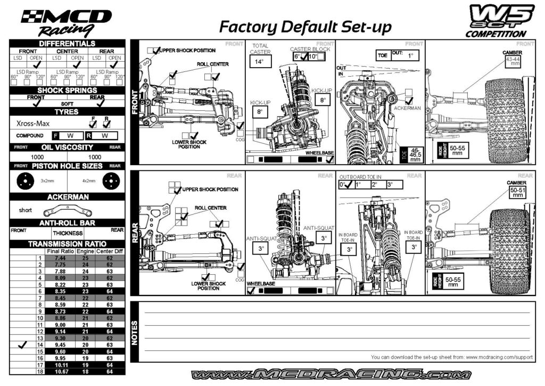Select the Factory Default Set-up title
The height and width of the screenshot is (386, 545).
[x=305, y=27]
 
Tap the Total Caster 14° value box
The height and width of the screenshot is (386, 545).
[x=259, y=62]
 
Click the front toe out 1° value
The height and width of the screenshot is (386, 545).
[x=410, y=55]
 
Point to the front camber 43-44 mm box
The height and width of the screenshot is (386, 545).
[x=511, y=62]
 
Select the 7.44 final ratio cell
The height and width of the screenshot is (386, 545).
[x=60, y=258]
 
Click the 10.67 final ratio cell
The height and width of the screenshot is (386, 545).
[x=60, y=371]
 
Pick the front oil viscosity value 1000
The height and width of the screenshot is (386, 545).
[x=37, y=157]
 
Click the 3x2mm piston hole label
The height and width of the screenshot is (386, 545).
[x=47, y=180]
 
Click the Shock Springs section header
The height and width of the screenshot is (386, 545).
[x=67, y=91]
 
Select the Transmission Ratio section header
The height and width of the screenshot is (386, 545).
[x=67, y=244]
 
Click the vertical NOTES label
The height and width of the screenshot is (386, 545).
[x=135, y=332]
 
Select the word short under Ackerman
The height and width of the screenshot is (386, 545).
[x=26, y=210]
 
